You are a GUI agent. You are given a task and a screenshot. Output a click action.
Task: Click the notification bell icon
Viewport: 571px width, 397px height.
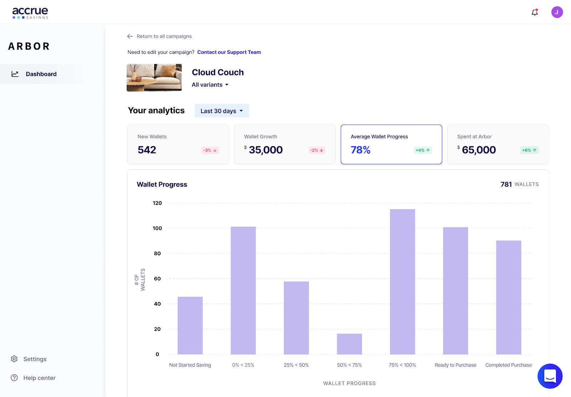[x=534, y=12]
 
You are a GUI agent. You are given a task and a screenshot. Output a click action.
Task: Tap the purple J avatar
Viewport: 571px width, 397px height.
[x=557, y=12]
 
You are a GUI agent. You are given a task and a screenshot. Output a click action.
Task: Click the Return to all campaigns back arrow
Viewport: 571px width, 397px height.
[x=130, y=36]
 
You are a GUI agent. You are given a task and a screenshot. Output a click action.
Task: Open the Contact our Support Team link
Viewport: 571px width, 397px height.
[x=229, y=52]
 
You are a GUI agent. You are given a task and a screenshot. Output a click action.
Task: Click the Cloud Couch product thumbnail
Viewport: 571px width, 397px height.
[x=154, y=77]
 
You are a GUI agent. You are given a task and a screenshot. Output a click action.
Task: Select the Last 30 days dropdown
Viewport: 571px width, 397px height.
[x=222, y=111]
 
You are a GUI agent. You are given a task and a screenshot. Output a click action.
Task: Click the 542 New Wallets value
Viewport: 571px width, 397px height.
[x=147, y=150]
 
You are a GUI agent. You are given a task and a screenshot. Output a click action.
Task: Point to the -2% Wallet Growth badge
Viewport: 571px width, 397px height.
[x=317, y=150]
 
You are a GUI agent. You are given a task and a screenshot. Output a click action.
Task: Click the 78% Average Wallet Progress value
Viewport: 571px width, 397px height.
[x=360, y=150]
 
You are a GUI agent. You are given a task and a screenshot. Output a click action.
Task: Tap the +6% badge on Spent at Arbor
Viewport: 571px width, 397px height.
[x=529, y=150]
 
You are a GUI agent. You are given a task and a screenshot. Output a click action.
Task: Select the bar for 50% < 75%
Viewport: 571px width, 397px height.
[x=349, y=344]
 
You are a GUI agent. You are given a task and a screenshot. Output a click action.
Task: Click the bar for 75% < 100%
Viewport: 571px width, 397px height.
[x=402, y=282]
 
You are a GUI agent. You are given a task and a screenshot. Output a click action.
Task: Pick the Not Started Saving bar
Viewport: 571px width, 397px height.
[x=190, y=325]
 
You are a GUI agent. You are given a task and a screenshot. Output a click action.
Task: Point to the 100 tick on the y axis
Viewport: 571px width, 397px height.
[x=157, y=228]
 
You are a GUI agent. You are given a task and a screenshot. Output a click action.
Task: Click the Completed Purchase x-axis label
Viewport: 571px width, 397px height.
[x=508, y=365]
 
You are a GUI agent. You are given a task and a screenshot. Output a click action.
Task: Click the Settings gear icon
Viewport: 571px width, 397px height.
[x=14, y=359]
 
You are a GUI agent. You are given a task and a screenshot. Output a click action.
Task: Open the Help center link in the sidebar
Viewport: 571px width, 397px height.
[x=39, y=378]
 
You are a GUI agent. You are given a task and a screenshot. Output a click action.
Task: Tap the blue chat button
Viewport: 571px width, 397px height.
[x=550, y=376]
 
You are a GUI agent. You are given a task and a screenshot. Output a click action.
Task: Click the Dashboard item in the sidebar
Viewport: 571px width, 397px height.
[x=41, y=74]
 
